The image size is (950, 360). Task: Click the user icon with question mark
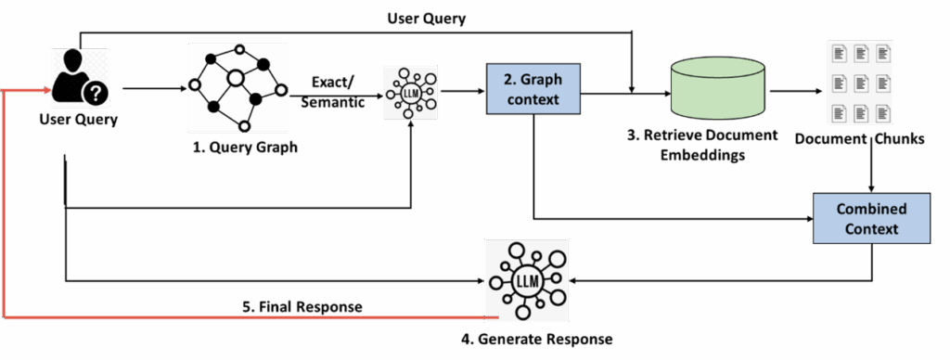(80, 78)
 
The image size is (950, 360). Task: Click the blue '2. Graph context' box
(533, 89)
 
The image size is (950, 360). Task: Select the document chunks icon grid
(859, 84)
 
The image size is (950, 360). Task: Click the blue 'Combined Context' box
(871, 218)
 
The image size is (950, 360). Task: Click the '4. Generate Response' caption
(536, 339)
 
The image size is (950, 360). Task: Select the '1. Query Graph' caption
(239, 147)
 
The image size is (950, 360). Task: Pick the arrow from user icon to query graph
(153, 89)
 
